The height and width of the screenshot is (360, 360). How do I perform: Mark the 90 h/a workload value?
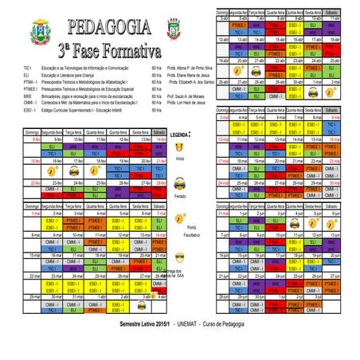point(156,109)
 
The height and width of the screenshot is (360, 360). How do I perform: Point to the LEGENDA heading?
point(180,135)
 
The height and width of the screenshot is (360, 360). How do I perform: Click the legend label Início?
point(180,159)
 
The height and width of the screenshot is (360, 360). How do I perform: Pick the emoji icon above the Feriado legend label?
point(180,182)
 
